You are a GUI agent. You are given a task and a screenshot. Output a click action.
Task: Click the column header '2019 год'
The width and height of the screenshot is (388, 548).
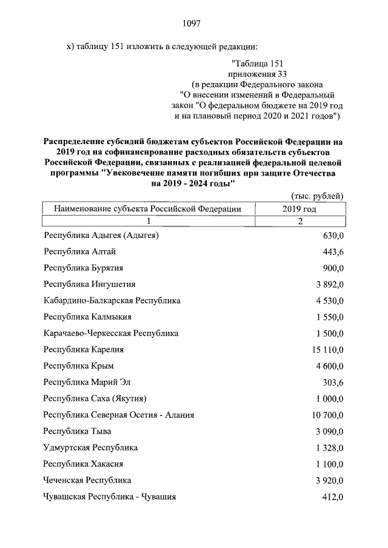pyautogui.click(x=299, y=208)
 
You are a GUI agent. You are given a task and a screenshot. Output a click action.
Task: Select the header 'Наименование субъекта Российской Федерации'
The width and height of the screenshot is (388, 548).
pyautogui.click(x=148, y=208)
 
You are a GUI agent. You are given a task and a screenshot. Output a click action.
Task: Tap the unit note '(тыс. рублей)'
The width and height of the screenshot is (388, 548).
pyautogui.click(x=317, y=196)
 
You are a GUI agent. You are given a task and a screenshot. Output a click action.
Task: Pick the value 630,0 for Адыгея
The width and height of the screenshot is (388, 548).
pyautogui.click(x=333, y=235)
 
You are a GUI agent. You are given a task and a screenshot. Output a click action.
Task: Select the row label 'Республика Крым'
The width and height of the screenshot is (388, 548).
pyautogui.click(x=79, y=366)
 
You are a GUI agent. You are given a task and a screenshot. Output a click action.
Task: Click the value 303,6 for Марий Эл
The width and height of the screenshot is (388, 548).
pyautogui.click(x=333, y=382)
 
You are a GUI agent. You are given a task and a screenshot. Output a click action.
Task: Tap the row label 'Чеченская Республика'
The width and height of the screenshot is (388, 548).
pyautogui.click(x=87, y=480)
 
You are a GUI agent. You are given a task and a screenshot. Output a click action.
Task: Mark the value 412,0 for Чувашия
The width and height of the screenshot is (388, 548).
pyautogui.click(x=333, y=497)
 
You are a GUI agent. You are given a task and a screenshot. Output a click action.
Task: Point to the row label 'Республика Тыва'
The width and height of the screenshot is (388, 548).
pyautogui.click(x=77, y=431)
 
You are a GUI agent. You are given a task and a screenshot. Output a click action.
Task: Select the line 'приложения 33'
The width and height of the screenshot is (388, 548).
pyautogui.click(x=258, y=73)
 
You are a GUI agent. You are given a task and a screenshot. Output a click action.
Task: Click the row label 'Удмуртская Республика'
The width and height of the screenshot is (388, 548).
pyautogui.click(x=90, y=447)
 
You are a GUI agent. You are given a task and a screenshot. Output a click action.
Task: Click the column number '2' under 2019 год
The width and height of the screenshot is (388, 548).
pyautogui.click(x=299, y=222)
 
